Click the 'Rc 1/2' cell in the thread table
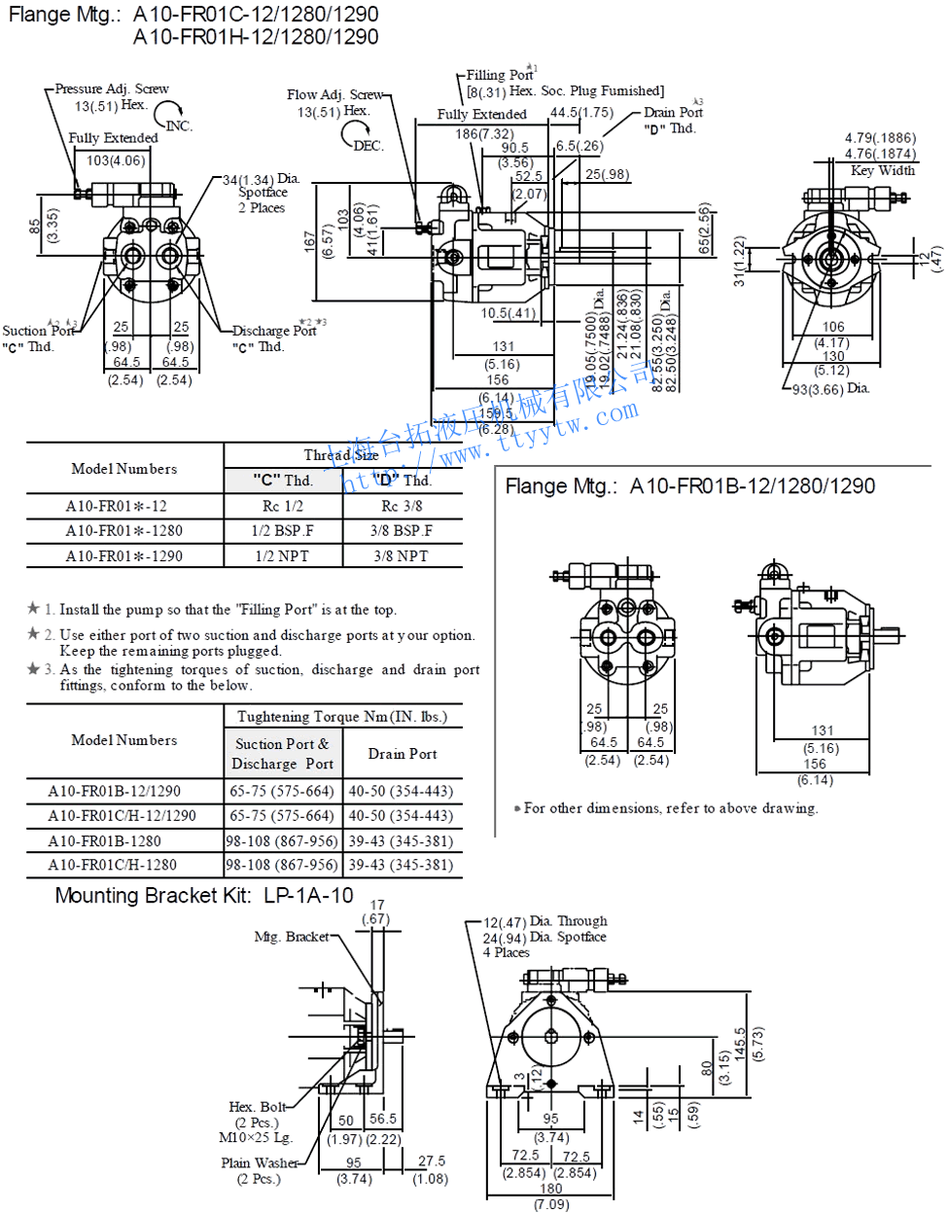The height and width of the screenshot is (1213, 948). [283, 506]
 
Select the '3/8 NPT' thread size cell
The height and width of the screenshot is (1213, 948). [401, 556]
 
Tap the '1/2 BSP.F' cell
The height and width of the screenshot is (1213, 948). [283, 531]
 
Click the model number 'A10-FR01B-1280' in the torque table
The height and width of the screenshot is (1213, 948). [105, 840]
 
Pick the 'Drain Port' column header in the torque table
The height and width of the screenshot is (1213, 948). [403, 754]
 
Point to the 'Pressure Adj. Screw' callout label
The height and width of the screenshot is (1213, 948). [112, 89]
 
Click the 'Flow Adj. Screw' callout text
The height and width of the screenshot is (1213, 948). [335, 94]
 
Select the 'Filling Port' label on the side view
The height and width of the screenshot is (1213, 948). [500, 75]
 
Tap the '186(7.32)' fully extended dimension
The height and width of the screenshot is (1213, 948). [484, 134]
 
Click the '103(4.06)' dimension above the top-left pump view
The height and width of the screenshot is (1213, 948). [116, 161]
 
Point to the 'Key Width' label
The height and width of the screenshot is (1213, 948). [883, 170]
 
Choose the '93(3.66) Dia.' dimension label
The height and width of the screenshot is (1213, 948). [830, 389]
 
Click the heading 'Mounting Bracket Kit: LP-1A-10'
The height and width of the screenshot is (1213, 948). [204, 896]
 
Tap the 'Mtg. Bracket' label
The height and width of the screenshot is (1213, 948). [292, 937]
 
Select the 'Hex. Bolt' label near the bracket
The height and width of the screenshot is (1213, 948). [258, 1107]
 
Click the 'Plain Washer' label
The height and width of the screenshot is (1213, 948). [260, 1162]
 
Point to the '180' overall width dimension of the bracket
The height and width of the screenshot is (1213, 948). [551, 1189]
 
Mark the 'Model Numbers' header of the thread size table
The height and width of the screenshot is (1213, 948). [124, 469]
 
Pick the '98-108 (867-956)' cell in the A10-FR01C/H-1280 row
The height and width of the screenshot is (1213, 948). [282, 865]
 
